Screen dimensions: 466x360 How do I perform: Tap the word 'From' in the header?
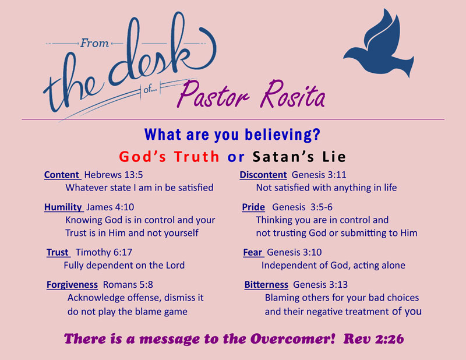coord(94,44)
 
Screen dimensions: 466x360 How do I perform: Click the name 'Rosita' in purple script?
coord(292,94)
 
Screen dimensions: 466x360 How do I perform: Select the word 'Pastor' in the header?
coord(213,94)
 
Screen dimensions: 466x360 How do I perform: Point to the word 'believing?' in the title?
coord(283,135)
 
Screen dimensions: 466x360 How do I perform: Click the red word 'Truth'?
coord(196,157)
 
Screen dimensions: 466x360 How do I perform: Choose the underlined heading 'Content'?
coord(62,175)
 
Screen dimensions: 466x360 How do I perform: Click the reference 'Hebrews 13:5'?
coord(114,175)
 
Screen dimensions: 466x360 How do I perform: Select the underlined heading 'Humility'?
coord(63,207)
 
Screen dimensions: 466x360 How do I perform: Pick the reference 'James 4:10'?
coord(110,207)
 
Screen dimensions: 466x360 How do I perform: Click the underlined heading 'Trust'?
coord(58,252)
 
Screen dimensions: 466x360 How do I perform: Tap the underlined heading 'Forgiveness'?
coord(72,285)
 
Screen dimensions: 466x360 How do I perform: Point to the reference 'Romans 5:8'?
coord(128,285)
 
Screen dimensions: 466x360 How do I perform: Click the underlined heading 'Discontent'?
coord(263,175)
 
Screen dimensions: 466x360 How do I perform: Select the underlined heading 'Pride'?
coord(253,207)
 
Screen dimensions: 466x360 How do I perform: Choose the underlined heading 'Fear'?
coord(253,252)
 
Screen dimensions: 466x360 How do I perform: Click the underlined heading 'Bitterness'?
coord(266,285)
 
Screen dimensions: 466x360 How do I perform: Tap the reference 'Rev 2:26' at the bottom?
coord(373,339)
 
